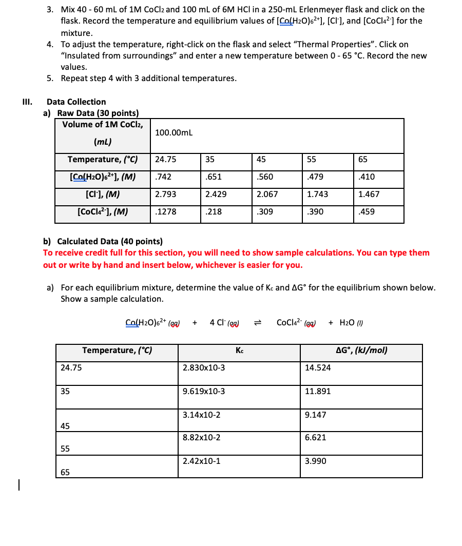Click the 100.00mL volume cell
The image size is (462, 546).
coord(174,133)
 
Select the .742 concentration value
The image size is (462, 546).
coord(163,177)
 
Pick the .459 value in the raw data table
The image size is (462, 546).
coord(366,211)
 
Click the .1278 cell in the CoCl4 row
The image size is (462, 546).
coord(165,211)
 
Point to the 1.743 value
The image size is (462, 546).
coord(318,194)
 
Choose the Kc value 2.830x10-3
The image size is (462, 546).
coord(203,368)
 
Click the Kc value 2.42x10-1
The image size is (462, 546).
coord(201,461)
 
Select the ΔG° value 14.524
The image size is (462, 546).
coord(318,368)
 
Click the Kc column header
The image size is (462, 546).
coord(239,351)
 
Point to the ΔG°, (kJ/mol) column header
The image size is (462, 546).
coord(361,351)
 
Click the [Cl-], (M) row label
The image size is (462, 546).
coord(103,194)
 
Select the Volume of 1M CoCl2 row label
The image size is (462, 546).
coord(103,125)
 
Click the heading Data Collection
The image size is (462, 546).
coord(76,102)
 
